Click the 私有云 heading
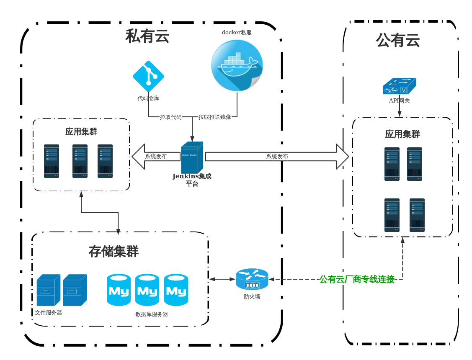147,36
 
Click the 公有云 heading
398,41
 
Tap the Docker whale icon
237,65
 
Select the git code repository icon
148,76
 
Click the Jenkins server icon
192,157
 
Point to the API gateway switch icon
400,86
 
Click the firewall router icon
252,279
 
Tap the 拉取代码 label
171,117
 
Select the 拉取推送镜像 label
215,117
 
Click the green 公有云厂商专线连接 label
357,279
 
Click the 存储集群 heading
113,252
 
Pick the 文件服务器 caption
49,313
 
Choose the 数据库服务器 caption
152,314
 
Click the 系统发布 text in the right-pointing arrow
277,157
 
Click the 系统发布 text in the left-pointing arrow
156,157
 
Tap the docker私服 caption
237,33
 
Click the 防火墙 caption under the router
252,297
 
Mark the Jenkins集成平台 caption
192,180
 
